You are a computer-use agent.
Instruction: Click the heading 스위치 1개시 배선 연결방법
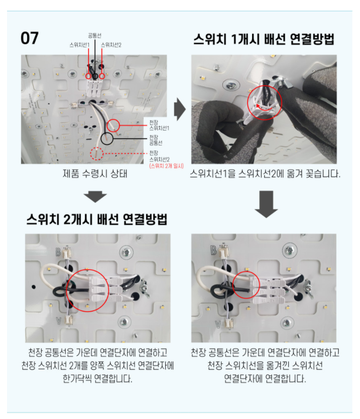point(264,40)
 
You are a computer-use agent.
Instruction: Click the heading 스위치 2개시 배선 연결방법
point(97,219)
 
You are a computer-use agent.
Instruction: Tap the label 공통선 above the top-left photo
point(94,36)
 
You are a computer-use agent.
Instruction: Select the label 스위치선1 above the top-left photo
point(79,45)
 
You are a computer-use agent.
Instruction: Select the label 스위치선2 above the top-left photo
point(111,45)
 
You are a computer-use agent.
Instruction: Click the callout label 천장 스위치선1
point(159,125)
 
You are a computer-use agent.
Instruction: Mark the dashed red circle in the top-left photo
point(97,154)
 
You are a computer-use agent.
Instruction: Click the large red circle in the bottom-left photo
point(88,290)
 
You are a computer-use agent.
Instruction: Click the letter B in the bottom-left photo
point(60,251)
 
